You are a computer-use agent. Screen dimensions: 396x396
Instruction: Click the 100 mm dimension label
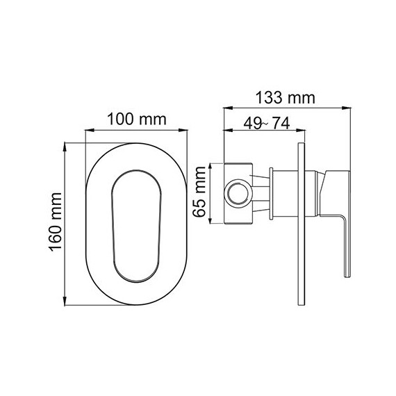point(136,119)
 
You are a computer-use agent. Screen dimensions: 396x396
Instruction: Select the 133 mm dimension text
point(285,98)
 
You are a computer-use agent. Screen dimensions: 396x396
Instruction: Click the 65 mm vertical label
point(199,195)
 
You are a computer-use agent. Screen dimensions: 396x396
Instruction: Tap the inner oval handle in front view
point(136,226)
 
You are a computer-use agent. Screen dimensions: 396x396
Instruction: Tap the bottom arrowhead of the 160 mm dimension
point(67,305)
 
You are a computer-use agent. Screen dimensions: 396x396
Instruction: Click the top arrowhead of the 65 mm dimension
point(211,166)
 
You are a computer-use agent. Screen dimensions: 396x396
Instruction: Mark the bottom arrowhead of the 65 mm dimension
point(211,222)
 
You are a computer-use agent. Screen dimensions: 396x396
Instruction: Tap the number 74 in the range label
point(280,122)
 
